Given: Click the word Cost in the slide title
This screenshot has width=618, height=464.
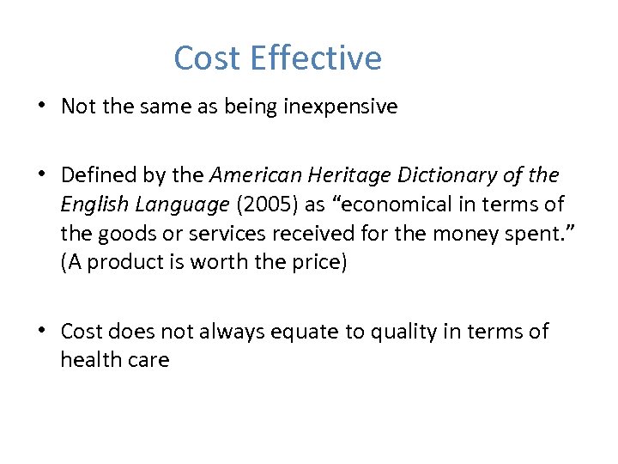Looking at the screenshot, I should coord(208,58).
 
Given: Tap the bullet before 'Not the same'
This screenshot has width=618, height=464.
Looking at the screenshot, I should coord(41,106).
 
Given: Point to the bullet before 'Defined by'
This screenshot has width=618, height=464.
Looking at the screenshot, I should coord(41,175).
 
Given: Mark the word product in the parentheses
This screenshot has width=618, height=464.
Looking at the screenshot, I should coord(127,263).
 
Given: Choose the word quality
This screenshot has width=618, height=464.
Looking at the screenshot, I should coord(427,332).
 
